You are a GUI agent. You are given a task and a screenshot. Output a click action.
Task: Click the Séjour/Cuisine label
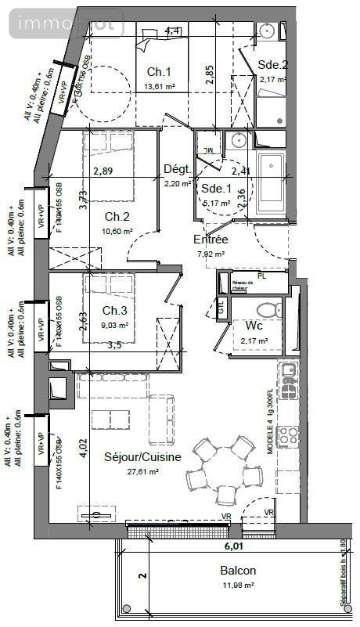pyautogui.click(x=142, y=457)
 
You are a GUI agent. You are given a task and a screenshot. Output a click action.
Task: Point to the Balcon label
pyautogui.click(x=236, y=571)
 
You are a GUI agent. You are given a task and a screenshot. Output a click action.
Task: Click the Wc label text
pyautogui.click(x=254, y=326)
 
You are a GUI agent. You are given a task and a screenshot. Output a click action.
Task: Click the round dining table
pyautogui.click(x=227, y=468)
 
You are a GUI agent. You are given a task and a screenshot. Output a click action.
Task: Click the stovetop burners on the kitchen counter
pyautogui.click(x=289, y=434)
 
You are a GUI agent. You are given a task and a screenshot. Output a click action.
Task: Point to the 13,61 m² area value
pyautogui.click(x=159, y=87)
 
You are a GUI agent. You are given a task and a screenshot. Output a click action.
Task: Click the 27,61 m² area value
pyautogui.click(x=142, y=472)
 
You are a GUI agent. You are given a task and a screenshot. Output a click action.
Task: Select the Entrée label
pyautogui.click(x=211, y=240)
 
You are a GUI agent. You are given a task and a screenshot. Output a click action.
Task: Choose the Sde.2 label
pyautogui.click(x=274, y=66)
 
